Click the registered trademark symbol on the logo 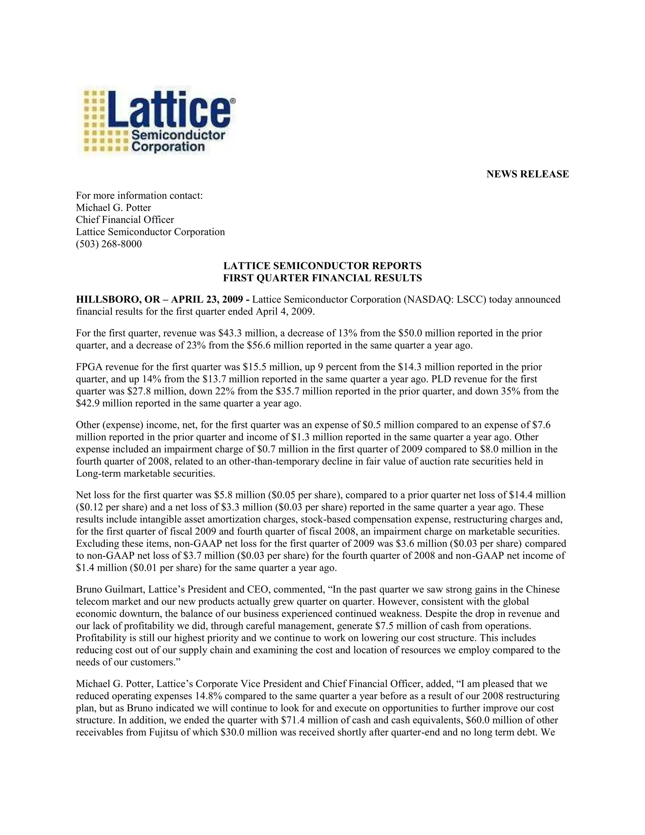233,101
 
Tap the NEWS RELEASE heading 527,174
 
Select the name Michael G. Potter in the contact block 113,208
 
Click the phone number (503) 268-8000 109,244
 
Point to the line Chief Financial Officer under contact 125,220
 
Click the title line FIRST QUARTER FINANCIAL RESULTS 322,278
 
